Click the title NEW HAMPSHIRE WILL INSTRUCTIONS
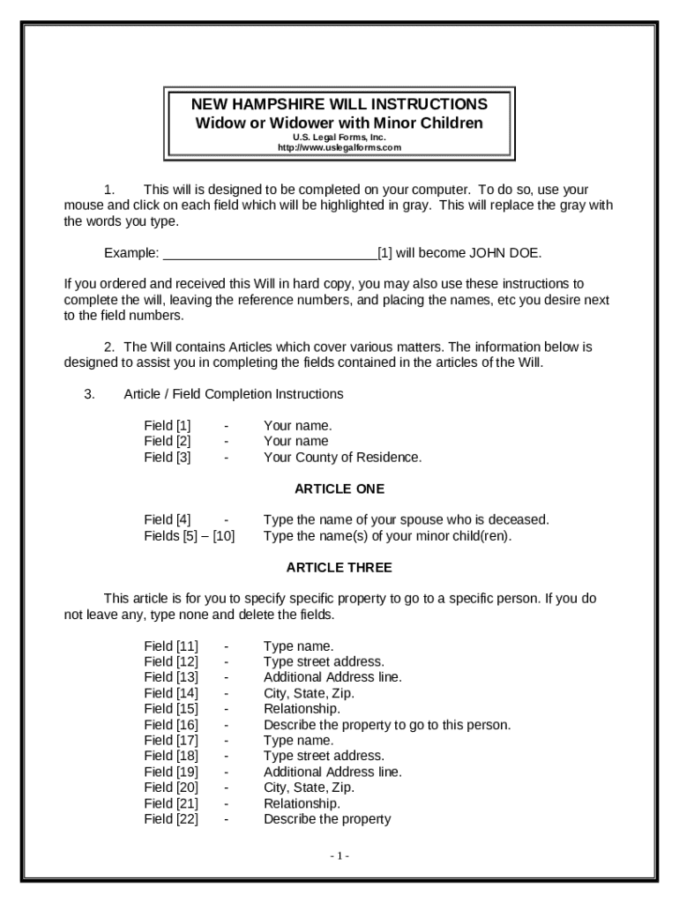[339, 104]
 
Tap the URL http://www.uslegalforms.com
[339, 148]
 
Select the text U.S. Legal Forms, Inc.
[339, 138]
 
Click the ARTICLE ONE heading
[339, 489]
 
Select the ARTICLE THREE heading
[339, 567]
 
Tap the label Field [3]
[168, 457]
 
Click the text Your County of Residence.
[342, 457]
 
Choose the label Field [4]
[168, 519]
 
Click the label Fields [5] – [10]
[189, 535]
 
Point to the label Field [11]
[171, 646]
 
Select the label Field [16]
[171, 725]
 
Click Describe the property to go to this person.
[387, 725]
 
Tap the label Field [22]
[171, 819]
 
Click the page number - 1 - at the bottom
[339, 855]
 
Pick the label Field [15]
[171, 709]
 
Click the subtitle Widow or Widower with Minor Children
[339, 123]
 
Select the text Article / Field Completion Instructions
[234, 394]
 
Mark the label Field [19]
[171, 772]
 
